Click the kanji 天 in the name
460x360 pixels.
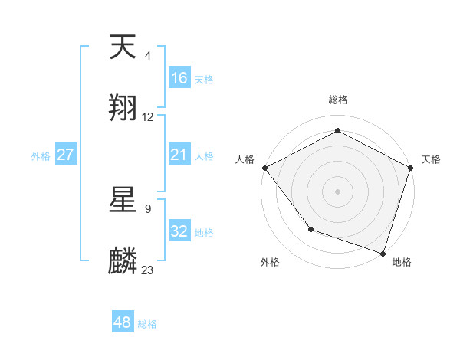[123, 49]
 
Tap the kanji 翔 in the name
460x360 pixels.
[123, 109]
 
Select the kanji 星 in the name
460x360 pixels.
[123, 201]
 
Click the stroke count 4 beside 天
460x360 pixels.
[148, 56]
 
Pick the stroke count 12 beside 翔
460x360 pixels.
[148, 117]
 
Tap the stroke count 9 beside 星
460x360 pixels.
[148, 208]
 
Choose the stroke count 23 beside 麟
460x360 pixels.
[148, 270]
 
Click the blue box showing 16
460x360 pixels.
[179, 78]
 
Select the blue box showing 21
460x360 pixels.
[179, 155]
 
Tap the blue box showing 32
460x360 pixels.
[179, 231]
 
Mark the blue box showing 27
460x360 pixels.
[66, 155]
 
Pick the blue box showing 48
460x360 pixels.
[123, 322]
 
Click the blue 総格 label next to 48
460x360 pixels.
[147, 324]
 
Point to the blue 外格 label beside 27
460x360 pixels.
[41, 155]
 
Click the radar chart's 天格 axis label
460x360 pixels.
[431, 159]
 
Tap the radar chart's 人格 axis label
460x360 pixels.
[245, 159]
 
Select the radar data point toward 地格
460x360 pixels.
[383, 253]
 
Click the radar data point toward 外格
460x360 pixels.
[310, 229]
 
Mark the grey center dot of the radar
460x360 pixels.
[337, 191]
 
